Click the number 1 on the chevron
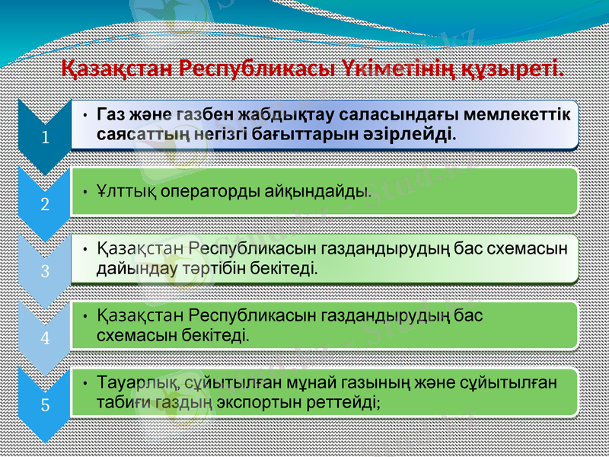click(46, 139)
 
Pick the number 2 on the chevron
click(46, 205)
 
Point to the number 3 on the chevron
click(46, 271)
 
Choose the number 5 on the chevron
click(46, 404)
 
